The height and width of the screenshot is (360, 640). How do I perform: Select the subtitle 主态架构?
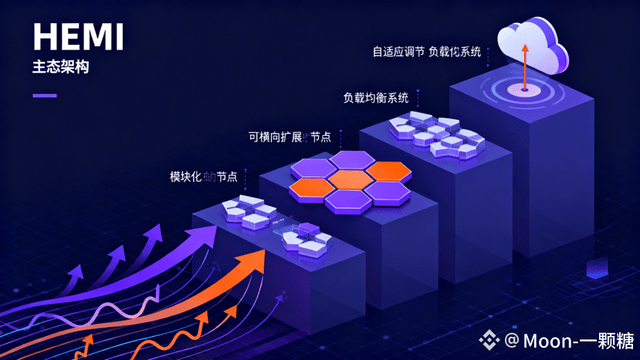pos(60,67)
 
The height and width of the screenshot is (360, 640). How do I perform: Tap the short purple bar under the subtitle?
pos(44,96)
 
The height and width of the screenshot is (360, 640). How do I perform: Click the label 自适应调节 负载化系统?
pos(426,53)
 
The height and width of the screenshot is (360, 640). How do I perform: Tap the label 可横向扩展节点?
pos(289,137)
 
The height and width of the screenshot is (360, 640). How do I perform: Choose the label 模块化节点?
pos(203,176)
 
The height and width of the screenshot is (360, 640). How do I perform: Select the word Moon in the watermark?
pos(549,339)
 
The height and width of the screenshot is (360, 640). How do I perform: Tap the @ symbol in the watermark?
pos(512,339)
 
